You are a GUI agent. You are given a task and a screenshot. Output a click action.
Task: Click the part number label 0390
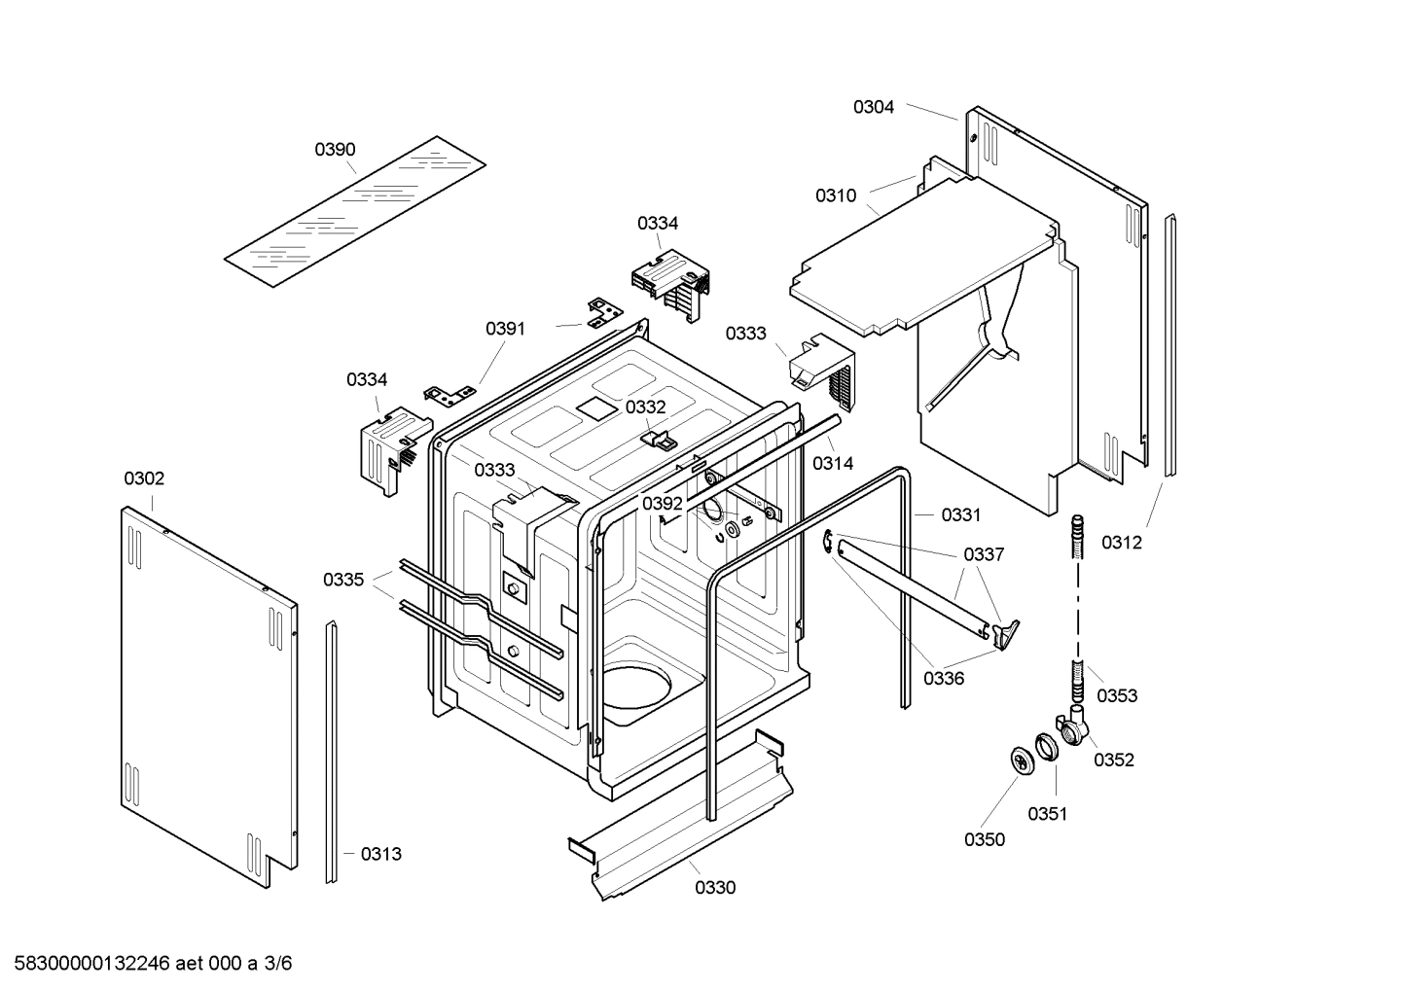pos(335,150)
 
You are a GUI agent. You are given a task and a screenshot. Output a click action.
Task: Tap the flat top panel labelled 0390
pos(355,212)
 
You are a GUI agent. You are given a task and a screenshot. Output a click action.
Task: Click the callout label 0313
pos(380,854)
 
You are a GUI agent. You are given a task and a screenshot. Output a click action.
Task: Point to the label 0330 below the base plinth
pos(715,887)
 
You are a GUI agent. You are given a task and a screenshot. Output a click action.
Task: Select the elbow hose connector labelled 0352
pos(1076,727)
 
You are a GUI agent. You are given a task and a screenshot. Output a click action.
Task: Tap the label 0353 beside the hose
pos(1117,695)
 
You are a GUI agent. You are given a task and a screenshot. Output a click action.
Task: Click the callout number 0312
pos(1122,543)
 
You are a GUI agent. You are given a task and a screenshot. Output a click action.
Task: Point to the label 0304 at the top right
pos(874,107)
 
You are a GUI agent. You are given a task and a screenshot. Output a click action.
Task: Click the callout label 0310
pos(836,196)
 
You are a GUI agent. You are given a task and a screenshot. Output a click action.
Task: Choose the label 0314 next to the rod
pos(833,463)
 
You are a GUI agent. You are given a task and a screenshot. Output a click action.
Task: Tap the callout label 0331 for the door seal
pos(960,514)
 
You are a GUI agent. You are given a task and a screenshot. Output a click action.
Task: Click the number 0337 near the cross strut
pos(984,554)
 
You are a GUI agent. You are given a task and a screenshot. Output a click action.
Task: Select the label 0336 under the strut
pos(944,678)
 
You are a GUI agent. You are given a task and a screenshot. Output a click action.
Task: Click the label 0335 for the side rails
pos(343,580)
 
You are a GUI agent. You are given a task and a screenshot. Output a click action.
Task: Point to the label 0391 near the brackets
pos(505,329)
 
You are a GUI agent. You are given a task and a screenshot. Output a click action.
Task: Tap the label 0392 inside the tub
pos(662,504)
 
